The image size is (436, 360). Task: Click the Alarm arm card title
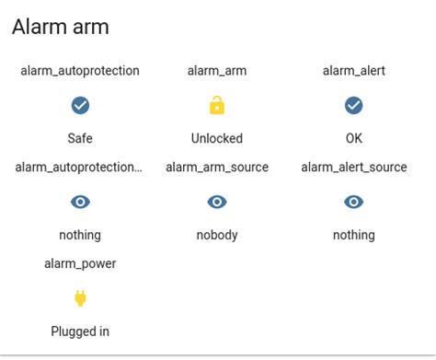pyautogui.click(x=61, y=28)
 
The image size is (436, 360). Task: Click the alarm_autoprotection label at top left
pyautogui.click(x=80, y=70)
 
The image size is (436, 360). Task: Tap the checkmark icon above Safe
pyautogui.click(x=80, y=106)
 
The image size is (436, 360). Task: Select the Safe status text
pyautogui.click(x=80, y=138)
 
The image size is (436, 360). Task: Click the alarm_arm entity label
pyautogui.click(x=217, y=70)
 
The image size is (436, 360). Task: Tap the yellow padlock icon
pyautogui.click(x=217, y=106)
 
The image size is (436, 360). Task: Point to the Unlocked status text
pyautogui.click(x=217, y=138)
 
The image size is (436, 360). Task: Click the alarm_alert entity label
pyautogui.click(x=354, y=70)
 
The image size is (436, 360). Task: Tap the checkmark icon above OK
pyautogui.click(x=354, y=106)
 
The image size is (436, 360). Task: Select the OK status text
pyautogui.click(x=354, y=138)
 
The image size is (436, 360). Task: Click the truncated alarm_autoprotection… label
pyautogui.click(x=80, y=167)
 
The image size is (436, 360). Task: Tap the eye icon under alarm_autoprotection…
pyautogui.click(x=80, y=202)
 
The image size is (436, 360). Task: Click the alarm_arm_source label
pyautogui.click(x=217, y=167)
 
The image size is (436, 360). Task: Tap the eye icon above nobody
pyautogui.click(x=217, y=202)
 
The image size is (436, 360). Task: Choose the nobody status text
pyautogui.click(x=217, y=235)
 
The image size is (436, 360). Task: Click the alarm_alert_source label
pyautogui.click(x=354, y=167)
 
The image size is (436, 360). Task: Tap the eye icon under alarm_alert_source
pyautogui.click(x=354, y=202)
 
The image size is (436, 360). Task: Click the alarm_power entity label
pyautogui.click(x=80, y=263)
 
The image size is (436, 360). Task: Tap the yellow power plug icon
pyautogui.click(x=80, y=298)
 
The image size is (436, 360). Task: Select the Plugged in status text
pyautogui.click(x=80, y=331)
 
